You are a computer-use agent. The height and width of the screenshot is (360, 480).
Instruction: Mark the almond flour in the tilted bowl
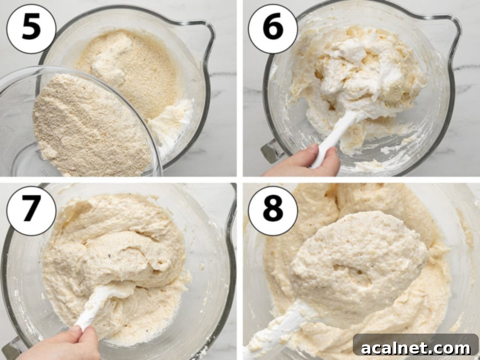click(x=88, y=124)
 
